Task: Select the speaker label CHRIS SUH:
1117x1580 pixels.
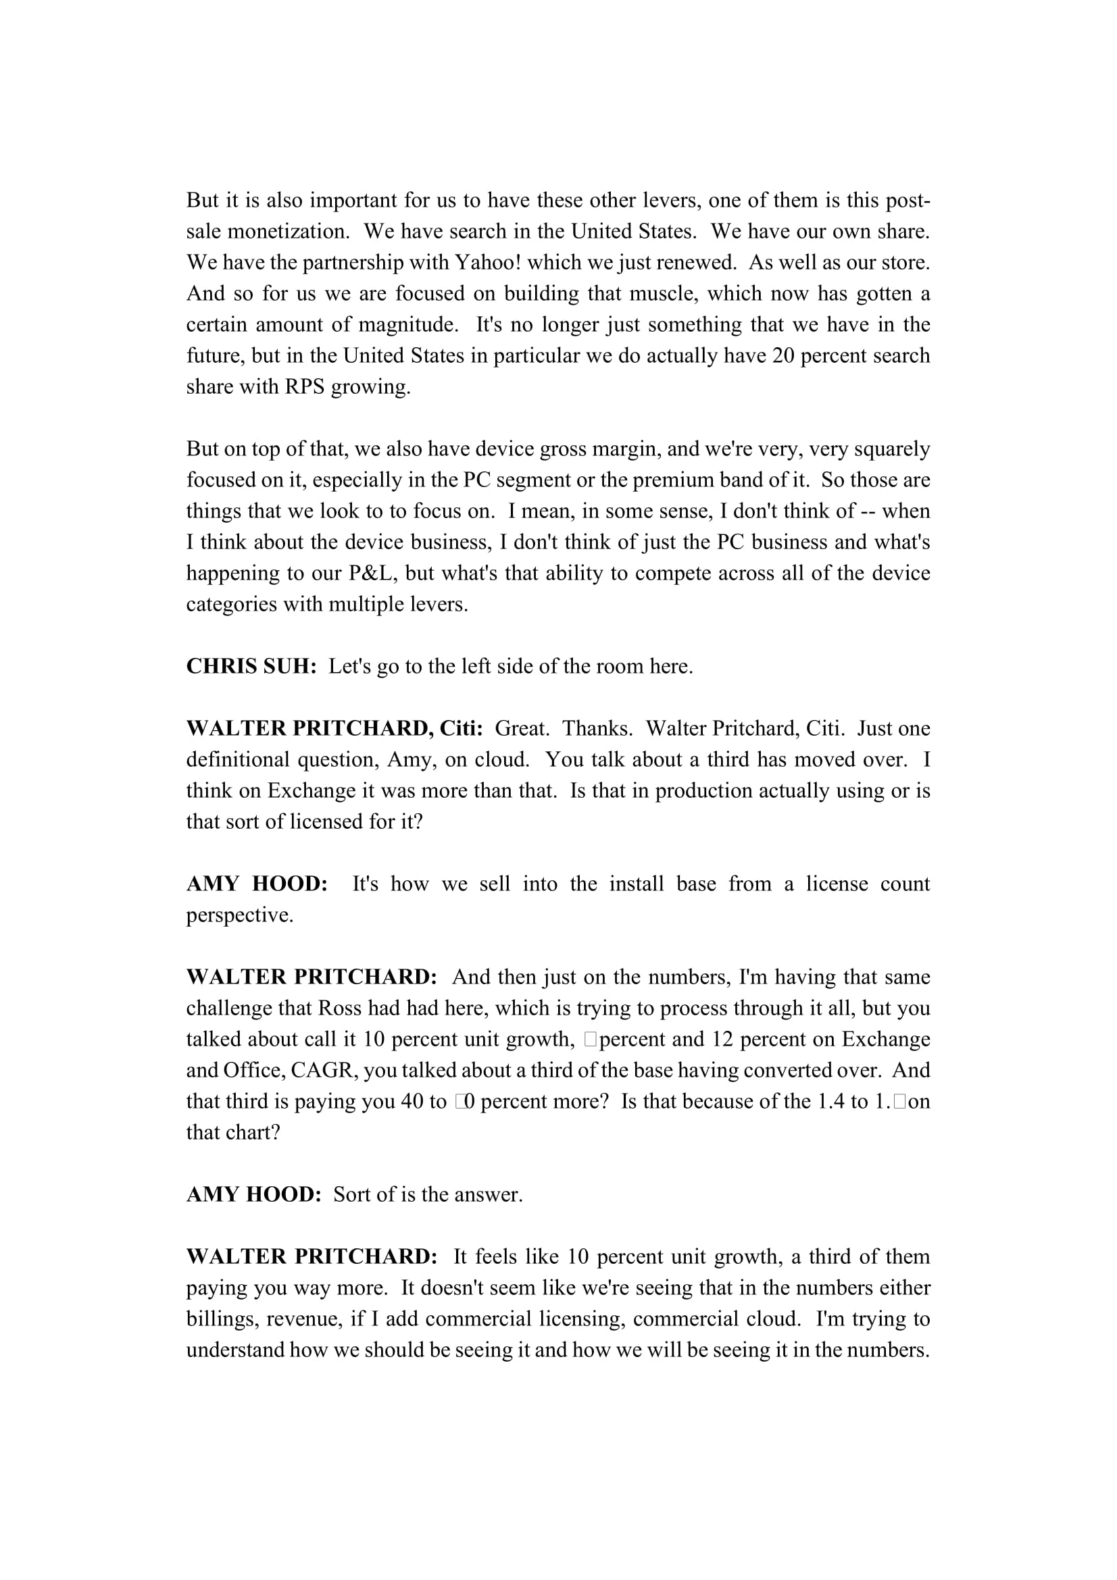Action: click(251, 666)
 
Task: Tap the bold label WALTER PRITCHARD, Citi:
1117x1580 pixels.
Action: click(334, 728)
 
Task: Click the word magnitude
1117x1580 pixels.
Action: click(408, 325)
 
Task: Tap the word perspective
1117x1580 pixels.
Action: click(239, 915)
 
